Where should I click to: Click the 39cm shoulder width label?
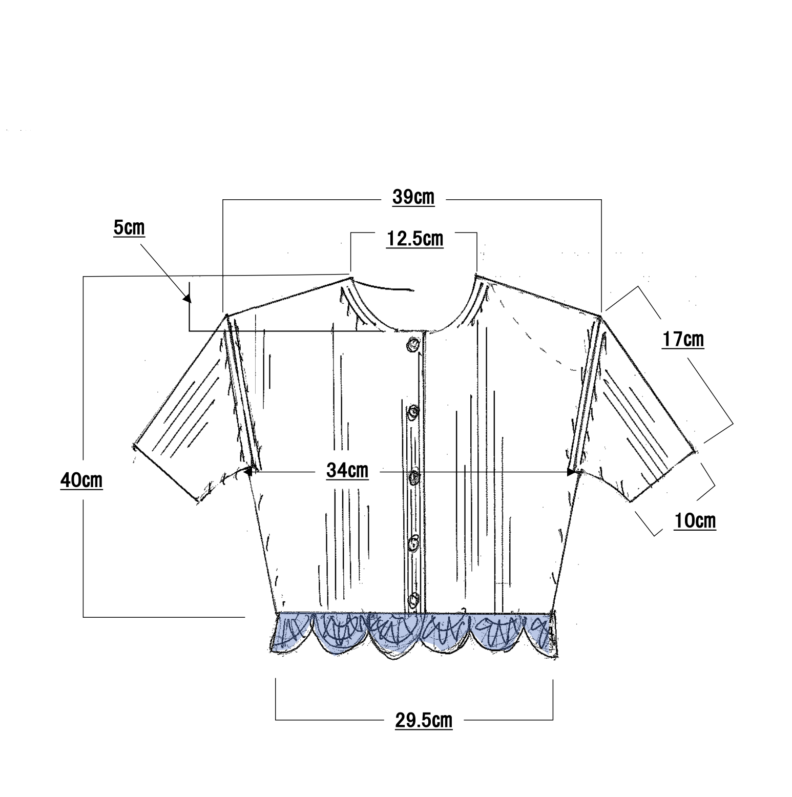click(x=413, y=197)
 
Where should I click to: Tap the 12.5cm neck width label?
click(x=414, y=239)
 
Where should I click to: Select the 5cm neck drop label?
click(x=129, y=228)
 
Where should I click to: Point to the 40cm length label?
click(x=81, y=481)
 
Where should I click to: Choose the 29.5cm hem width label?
click(x=424, y=720)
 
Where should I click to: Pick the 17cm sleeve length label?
click(x=683, y=340)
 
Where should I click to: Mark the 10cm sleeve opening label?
click(x=695, y=521)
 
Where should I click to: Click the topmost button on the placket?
click(x=413, y=345)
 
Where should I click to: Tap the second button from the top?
click(x=413, y=412)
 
